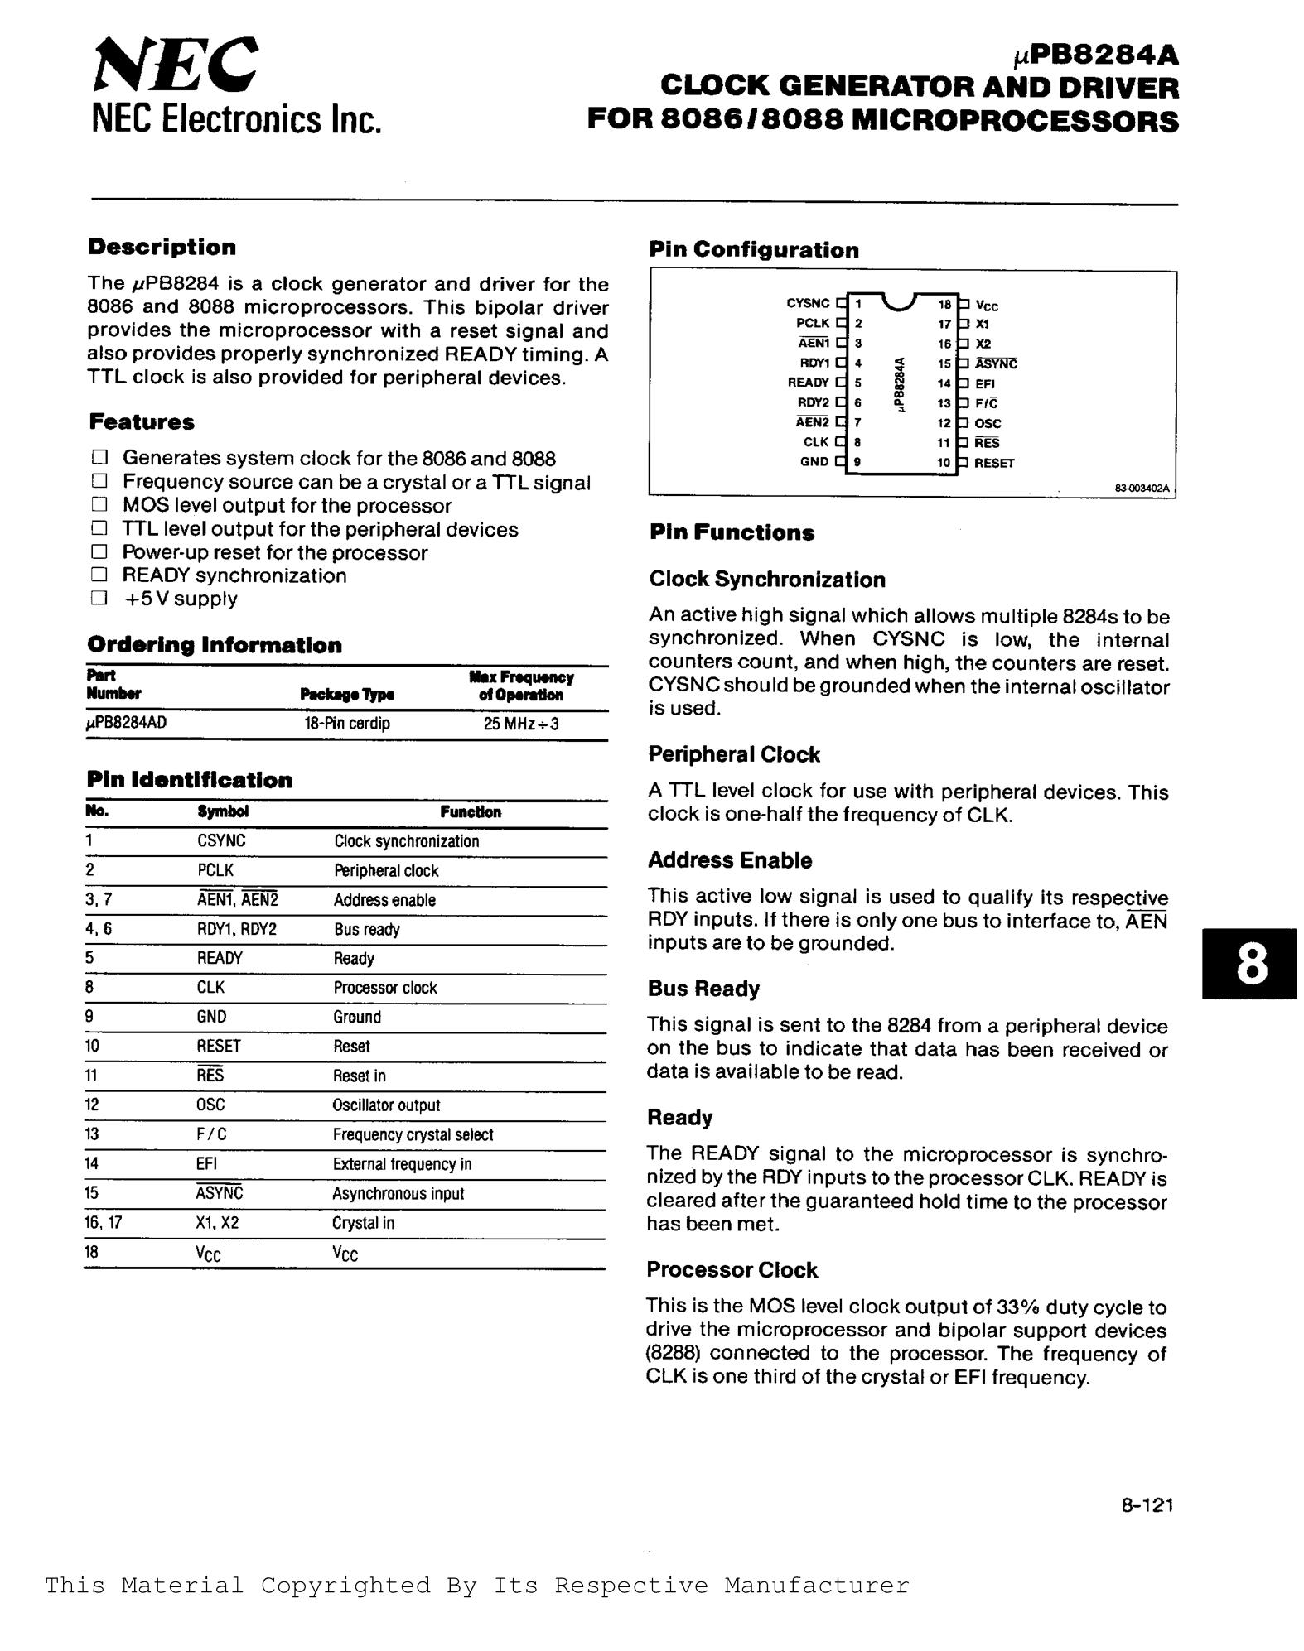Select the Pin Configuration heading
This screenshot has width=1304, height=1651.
tap(754, 250)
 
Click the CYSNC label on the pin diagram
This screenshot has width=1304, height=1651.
tap(808, 304)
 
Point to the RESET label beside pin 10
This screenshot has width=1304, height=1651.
tap(994, 464)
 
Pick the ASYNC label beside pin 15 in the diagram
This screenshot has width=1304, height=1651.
tap(996, 364)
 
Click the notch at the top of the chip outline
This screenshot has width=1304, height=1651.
tap(900, 301)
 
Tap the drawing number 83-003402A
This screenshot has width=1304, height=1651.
tap(1142, 489)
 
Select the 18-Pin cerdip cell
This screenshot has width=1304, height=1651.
tap(346, 724)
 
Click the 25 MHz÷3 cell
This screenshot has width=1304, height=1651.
tap(521, 724)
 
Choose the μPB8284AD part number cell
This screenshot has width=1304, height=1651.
tap(127, 723)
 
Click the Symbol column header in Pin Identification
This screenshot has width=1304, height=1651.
tap(223, 812)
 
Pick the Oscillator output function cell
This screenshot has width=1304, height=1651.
tap(386, 1105)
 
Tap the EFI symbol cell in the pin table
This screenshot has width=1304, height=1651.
tap(207, 1164)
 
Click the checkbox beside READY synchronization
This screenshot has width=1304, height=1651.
tap(100, 575)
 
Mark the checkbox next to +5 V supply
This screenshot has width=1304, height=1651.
tap(100, 599)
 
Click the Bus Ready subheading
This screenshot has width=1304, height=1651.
tap(703, 989)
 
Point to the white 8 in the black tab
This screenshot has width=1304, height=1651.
tap(1250, 964)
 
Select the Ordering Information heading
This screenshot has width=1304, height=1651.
tap(215, 645)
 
